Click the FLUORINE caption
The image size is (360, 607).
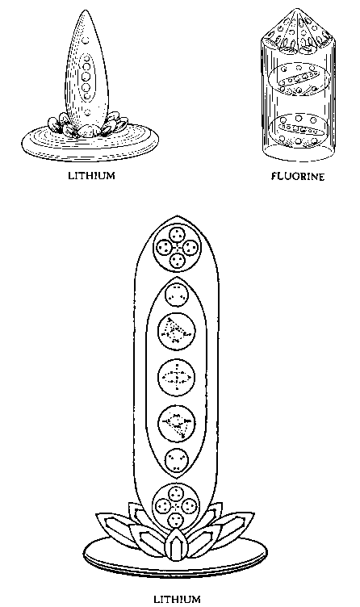click(297, 177)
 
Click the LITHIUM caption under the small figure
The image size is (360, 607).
click(92, 175)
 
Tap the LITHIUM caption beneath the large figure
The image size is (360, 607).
click(177, 600)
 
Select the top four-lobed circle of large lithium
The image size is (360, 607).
click(177, 247)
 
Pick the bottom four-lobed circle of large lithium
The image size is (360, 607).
click(176, 506)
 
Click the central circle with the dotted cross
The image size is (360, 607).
click(177, 377)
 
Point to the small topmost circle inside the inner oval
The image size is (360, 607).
click(177, 294)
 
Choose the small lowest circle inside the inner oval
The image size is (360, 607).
click(177, 460)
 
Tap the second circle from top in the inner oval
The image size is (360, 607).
click(177, 332)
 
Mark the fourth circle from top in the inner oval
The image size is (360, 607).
click(177, 423)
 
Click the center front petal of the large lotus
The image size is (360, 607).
click(176, 546)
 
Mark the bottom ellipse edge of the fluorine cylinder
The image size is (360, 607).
click(298, 159)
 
